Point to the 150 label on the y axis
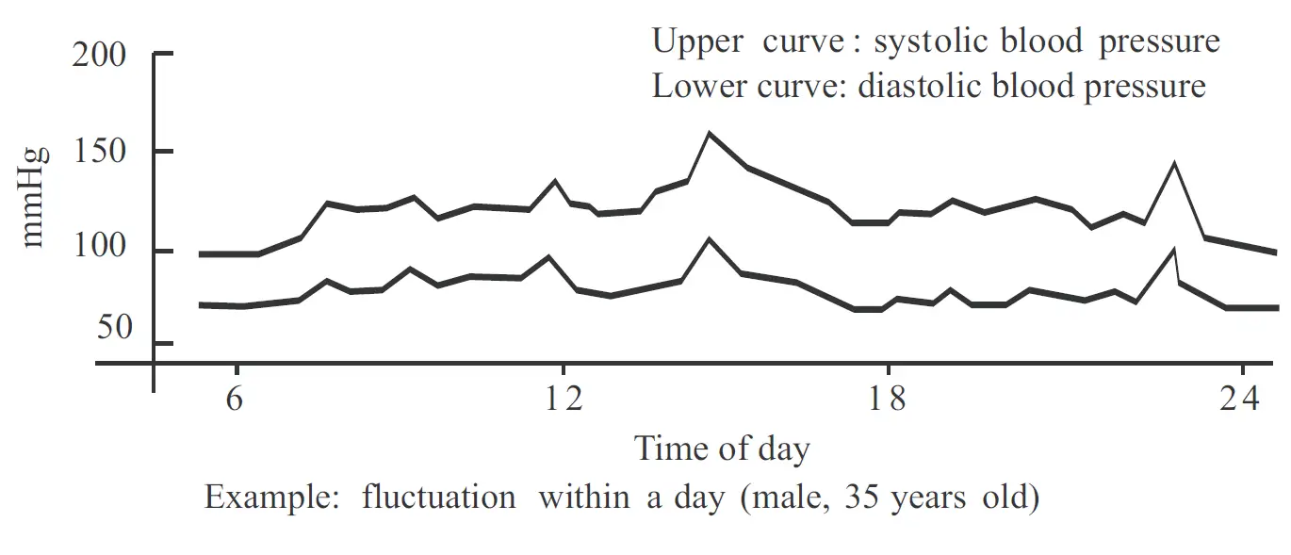point(99,152)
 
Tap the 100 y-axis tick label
point(99,252)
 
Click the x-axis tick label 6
point(236,399)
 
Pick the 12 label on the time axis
point(563,399)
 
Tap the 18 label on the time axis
point(887,399)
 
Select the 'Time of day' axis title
point(722,449)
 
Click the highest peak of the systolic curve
point(709,133)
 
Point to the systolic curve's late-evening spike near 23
point(1174,164)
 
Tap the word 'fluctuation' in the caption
point(438,497)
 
